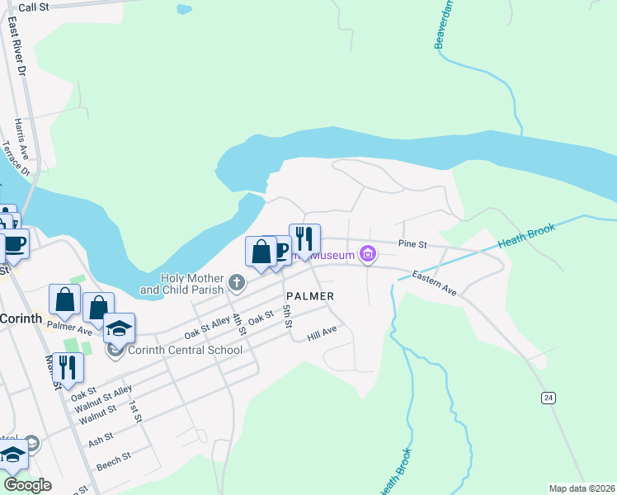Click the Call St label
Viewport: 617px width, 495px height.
(34, 7)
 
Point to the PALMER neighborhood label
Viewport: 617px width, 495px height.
(310, 296)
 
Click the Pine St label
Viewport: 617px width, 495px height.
(412, 244)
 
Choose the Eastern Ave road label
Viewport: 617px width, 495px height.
(434, 280)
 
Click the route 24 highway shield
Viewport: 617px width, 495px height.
(547, 398)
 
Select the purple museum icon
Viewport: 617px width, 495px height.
(369, 254)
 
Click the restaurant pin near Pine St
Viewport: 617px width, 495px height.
(304, 239)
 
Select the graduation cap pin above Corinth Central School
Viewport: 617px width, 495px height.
(119, 328)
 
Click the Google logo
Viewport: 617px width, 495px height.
(28, 485)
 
